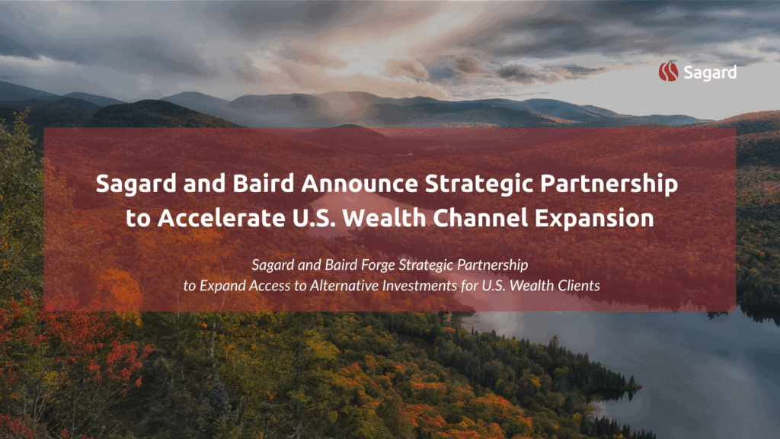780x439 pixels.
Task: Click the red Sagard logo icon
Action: click(x=668, y=71)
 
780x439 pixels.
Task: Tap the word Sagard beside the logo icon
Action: click(x=710, y=72)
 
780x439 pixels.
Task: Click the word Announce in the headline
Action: click(x=360, y=183)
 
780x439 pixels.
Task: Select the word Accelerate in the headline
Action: click(x=222, y=218)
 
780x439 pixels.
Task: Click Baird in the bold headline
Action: click(x=264, y=183)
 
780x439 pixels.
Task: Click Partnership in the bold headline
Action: click(x=609, y=184)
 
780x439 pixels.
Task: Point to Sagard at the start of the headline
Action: click(x=136, y=184)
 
